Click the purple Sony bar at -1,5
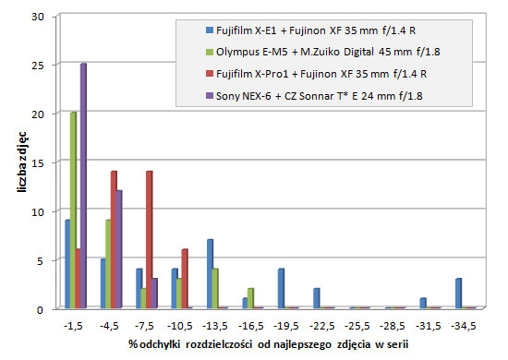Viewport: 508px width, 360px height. [x=83, y=186]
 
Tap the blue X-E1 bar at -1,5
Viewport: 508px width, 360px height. [x=67, y=264]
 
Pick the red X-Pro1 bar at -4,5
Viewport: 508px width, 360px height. [x=115, y=240]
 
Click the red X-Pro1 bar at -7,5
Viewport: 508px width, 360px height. [x=149, y=240]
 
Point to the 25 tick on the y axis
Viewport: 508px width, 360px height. [x=38, y=66]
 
